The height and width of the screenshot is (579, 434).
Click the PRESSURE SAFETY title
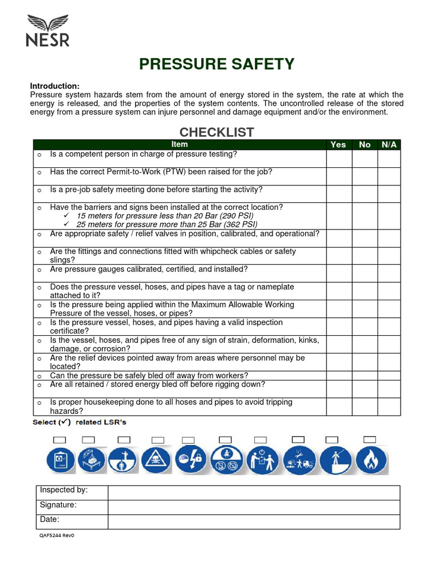[x=217, y=64]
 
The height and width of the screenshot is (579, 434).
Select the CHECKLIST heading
[x=217, y=132]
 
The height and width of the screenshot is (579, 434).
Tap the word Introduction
[x=54, y=86]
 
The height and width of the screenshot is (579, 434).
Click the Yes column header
[x=338, y=145]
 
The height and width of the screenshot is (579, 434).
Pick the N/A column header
[x=389, y=145]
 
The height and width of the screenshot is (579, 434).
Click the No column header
[x=364, y=145]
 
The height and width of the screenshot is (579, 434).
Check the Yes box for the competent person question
[x=338, y=158]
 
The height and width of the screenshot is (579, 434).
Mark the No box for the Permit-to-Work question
[x=364, y=176]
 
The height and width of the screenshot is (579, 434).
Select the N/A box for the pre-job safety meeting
[x=389, y=194]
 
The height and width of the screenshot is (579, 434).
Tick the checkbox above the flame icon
[x=370, y=439]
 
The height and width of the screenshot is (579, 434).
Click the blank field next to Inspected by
[x=254, y=492]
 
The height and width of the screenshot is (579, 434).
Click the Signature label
[x=58, y=505]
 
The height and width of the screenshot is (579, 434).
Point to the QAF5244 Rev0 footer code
[x=57, y=535]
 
